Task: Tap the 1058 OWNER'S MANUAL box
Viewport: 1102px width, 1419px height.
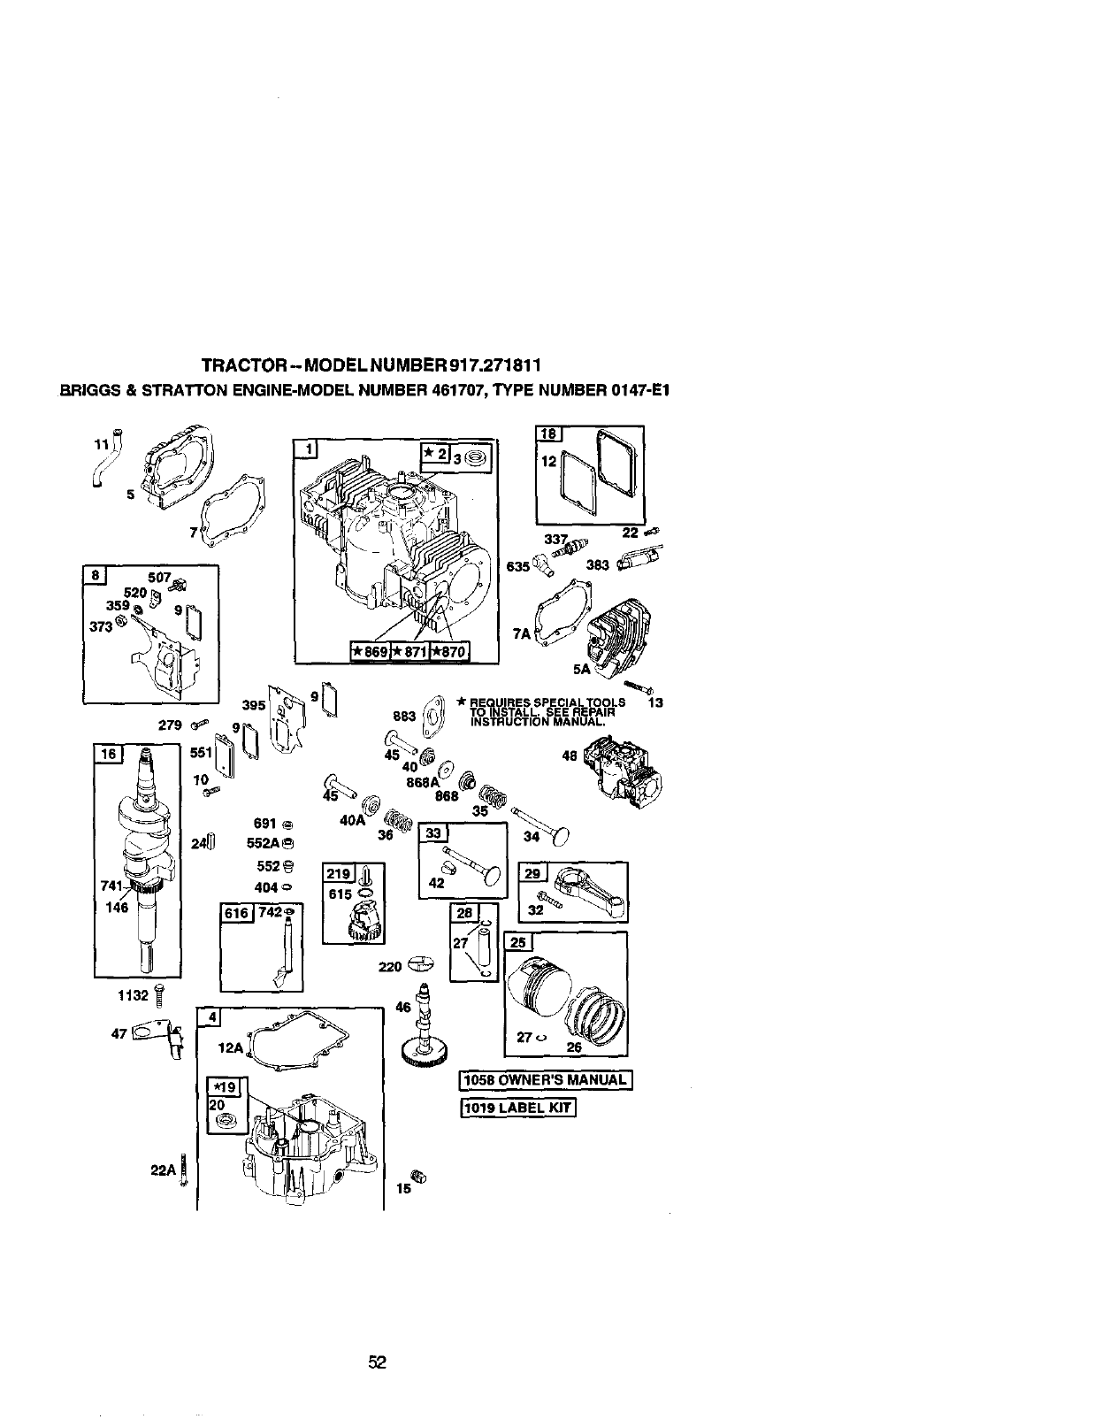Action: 547,1080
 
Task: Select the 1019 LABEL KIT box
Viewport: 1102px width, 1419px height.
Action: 518,1108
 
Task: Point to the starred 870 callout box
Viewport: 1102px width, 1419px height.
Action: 449,653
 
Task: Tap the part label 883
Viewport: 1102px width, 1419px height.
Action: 402,716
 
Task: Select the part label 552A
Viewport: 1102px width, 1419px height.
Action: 264,843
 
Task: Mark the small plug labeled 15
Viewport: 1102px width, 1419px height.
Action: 422,1176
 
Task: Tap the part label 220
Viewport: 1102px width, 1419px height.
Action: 390,968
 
